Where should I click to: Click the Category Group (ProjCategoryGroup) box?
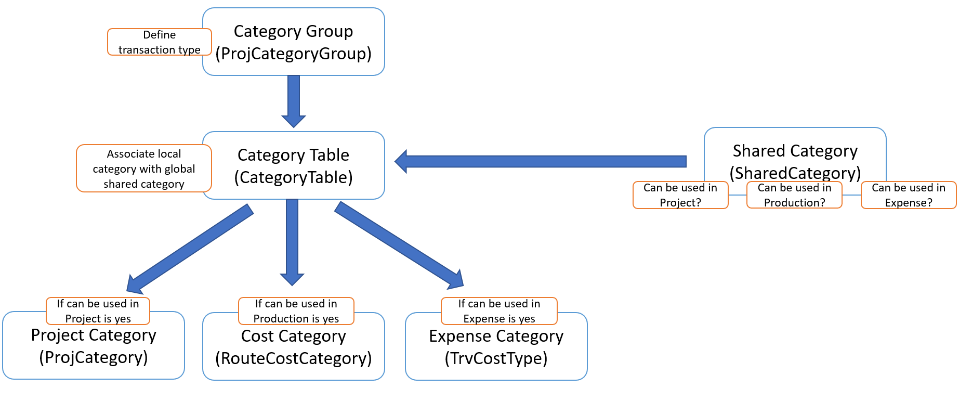pyautogui.click(x=294, y=42)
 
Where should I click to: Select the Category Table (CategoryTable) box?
pyautogui.click(x=294, y=166)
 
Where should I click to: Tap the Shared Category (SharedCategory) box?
pyautogui.click(x=795, y=156)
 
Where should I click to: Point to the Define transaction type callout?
pyautogui.click(x=159, y=42)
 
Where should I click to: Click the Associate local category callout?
pyautogui.click(x=144, y=169)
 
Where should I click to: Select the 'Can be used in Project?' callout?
pyautogui.click(x=680, y=195)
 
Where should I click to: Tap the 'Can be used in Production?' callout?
pyautogui.click(x=794, y=195)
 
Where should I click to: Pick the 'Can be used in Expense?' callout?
pyautogui.click(x=909, y=195)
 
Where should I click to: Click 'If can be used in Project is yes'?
pyautogui.click(x=98, y=311)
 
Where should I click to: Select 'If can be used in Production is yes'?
pyautogui.click(x=296, y=311)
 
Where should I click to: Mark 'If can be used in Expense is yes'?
pyautogui.click(x=499, y=311)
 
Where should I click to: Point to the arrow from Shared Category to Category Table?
pyautogui.click(x=541, y=161)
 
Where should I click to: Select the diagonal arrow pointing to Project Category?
pyautogui.click(x=190, y=248)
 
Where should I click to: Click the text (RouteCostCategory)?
pyautogui.click(x=294, y=358)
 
